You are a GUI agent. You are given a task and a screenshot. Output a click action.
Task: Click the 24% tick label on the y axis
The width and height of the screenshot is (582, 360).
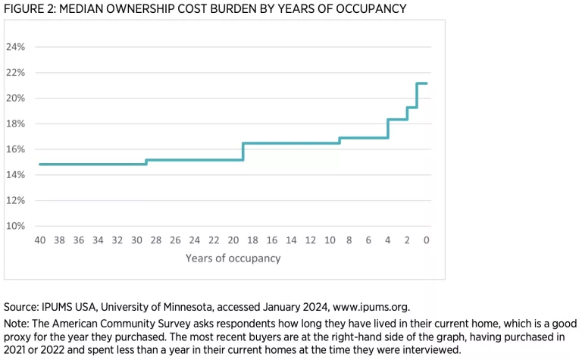15,47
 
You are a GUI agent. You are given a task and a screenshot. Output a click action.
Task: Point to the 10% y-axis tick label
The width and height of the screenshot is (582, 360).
15,226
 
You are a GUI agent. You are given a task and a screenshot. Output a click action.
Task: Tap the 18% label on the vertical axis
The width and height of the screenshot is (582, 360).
15,124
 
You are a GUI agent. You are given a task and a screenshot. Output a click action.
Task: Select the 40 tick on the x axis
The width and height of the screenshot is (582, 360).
39,239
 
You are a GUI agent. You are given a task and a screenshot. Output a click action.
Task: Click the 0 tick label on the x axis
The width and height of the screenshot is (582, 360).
426,239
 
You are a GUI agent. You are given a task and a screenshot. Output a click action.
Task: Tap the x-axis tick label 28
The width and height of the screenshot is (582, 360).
156,239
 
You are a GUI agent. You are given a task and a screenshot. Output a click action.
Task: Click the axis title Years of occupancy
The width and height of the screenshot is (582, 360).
233,258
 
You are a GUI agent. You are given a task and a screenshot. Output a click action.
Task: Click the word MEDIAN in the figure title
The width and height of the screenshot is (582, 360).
87,9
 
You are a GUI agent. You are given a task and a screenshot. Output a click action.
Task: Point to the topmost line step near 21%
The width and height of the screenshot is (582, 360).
422,83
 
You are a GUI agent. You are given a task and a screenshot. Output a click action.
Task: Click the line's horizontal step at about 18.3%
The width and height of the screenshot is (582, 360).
397,120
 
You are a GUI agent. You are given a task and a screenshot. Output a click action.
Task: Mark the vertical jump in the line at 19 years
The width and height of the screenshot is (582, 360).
243,152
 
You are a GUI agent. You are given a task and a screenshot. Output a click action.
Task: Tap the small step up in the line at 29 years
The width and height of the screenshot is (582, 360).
146,161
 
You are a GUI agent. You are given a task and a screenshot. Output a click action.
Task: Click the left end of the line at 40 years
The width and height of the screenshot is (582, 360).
39,164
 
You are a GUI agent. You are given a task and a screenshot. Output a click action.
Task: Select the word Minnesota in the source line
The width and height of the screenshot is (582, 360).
191,307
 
